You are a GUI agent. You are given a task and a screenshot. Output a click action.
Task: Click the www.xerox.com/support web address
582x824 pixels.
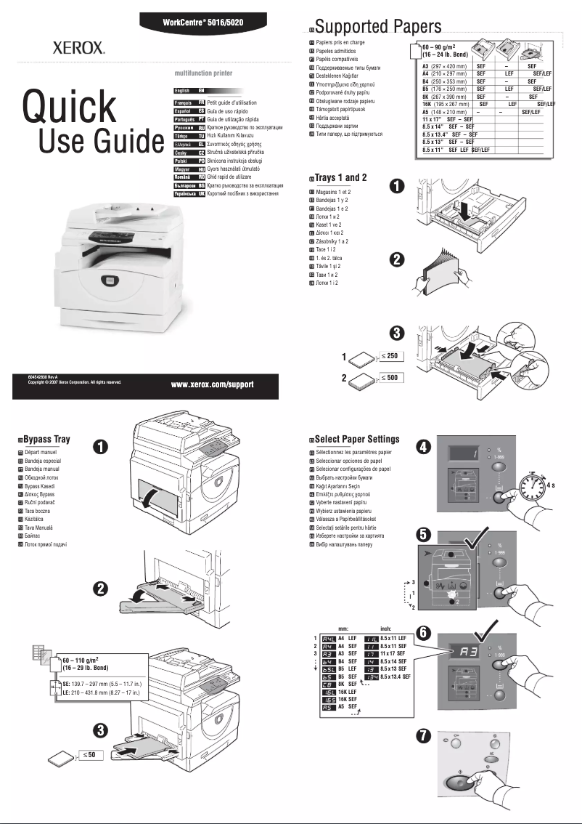212,384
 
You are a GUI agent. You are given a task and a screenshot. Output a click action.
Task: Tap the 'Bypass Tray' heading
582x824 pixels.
46,440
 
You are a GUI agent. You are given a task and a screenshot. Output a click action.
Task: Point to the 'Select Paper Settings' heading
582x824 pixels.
356,439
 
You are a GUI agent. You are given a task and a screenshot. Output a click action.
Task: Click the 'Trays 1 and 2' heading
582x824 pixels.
340,177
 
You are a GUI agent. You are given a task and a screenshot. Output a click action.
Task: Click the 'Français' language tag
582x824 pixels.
186,103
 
